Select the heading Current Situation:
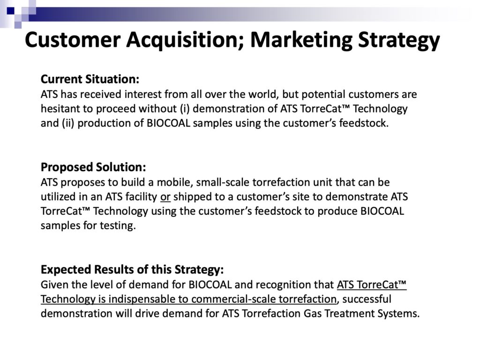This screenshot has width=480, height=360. (x=90, y=79)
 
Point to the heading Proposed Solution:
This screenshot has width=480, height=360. (x=93, y=167)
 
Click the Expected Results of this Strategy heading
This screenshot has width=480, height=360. (x=132, y=270)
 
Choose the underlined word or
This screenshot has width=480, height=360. (x=165, y=197)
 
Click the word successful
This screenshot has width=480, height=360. (x=367, y=299)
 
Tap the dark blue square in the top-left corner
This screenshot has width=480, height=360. (x=10, y=11)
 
